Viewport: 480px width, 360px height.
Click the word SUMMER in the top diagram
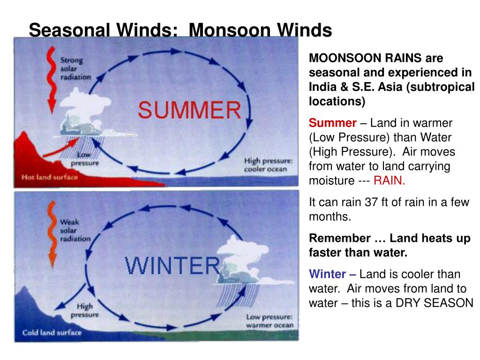click(189, 111)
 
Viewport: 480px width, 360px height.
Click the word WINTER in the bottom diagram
click(172, 266)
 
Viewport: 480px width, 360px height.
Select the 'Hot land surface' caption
click(49, 177)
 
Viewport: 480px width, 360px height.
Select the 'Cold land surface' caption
click(52, 332)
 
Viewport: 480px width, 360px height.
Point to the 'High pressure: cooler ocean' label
click(268, 165)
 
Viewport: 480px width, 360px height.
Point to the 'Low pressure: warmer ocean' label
click(270, 321)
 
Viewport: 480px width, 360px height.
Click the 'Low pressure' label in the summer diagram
click(84, 159)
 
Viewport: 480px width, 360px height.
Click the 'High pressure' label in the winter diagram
click(84, 310)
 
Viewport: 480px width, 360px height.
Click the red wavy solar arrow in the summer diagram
click(48, 80)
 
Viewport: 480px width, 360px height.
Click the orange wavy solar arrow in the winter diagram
click(50, 234)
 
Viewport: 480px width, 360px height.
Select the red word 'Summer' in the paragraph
click(332, 123)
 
